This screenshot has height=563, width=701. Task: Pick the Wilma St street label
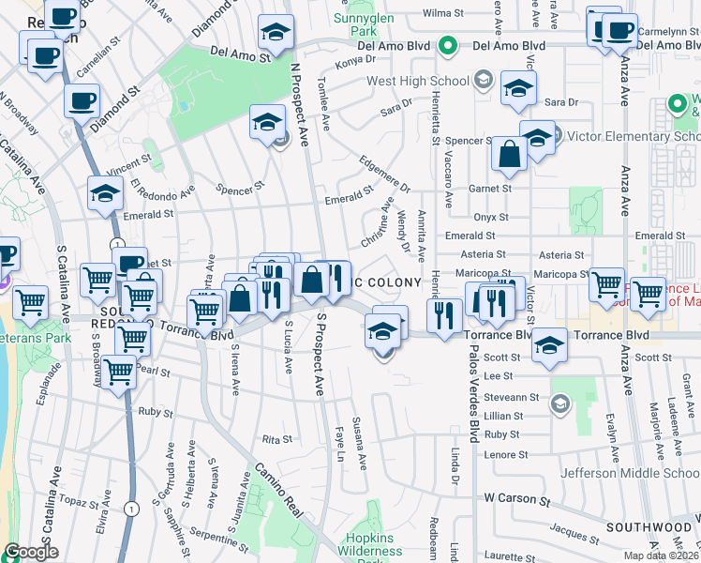pos(444,13)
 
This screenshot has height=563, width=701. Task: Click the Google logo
pos(31,552)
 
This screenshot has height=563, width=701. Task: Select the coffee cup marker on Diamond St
pos(82,100)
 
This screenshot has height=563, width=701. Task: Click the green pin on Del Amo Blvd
pos(448,44)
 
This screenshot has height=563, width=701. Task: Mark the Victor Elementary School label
pos(634,137)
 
